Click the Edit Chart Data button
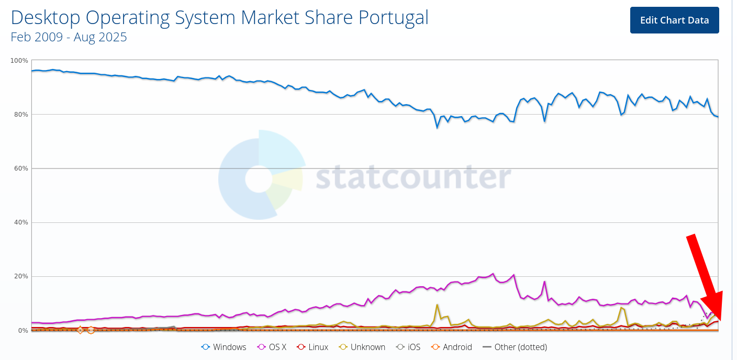tap(674, 20)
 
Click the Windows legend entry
tap(224, 347)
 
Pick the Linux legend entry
tap(312, 347)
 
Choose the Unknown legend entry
tap(362, 347)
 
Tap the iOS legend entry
tap(408, 347)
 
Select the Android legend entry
tap(451, 347)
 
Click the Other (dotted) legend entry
tap(515, 347)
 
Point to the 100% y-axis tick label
tap(19, 61)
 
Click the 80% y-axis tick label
tap(21, 115)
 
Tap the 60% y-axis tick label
tap(21, 168)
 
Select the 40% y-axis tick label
tap(21, 222)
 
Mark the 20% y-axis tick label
tap(21, 276)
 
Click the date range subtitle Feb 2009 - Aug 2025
tap(69, 37)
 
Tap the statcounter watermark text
tap(412, 178)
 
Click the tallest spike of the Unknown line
tap(437, 305)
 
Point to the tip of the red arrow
tap(719, 320)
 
